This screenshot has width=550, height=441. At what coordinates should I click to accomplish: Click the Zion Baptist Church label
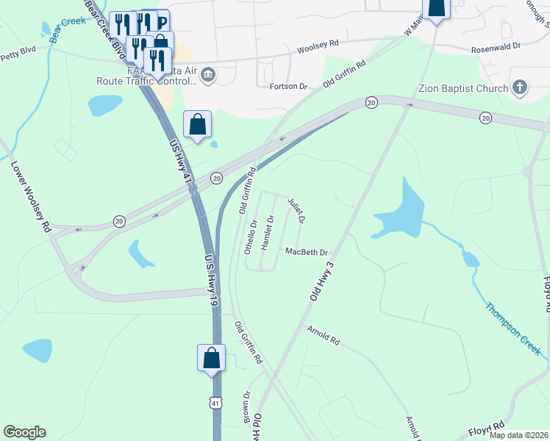point(463,89)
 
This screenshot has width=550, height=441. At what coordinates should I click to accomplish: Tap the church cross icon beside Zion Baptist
point(520,88)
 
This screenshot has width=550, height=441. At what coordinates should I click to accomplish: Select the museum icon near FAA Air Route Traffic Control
point(208,73)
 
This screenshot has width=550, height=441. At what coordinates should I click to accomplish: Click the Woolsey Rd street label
point(318,47)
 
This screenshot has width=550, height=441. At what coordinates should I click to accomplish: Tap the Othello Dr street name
point(251,237)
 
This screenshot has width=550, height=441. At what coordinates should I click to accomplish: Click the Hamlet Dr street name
point(268,229)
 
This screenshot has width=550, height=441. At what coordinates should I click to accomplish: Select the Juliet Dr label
point(296,210)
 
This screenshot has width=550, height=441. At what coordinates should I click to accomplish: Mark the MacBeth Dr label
point(306,252)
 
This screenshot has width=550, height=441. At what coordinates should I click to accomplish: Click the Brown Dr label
point(247,405)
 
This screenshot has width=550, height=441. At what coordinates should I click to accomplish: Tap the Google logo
point(24,432)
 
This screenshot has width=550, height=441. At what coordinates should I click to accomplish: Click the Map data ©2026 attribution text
point(518,435)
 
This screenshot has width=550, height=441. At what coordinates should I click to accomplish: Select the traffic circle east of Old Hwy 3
point(526,172)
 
